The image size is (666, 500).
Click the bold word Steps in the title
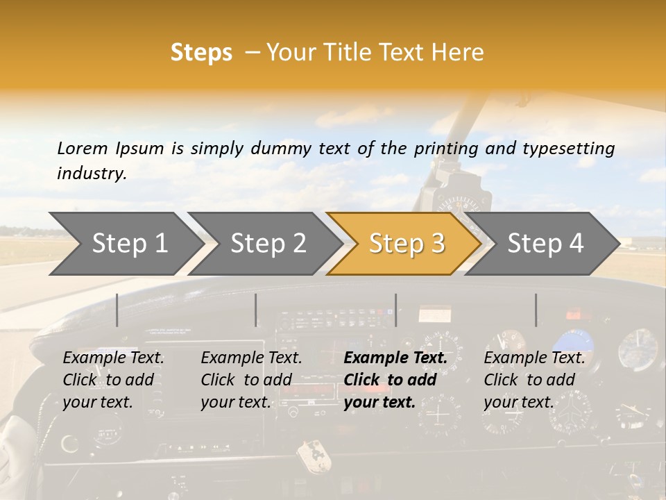[201, 53]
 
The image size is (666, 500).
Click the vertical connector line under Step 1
[117, 310]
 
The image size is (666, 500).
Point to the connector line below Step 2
[256, 310]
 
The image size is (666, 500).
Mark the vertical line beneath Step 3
[395, 310]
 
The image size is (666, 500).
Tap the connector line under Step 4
[536, 310]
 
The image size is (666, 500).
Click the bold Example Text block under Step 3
[395, 380]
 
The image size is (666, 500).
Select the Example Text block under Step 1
[113, 380]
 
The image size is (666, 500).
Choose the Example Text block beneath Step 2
[251, 380]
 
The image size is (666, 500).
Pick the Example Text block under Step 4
[534, 380]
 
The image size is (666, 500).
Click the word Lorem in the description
[83, 148]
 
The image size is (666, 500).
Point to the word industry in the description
[92, 174]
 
